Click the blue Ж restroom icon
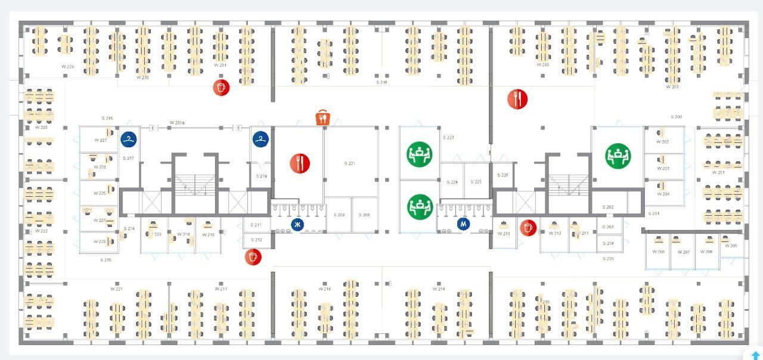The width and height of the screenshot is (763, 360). click(297, 225)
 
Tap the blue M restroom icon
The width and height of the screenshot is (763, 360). click(463, 224)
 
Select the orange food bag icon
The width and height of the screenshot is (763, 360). click(322, 117)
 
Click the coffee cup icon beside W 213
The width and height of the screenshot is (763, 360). click(528, 227)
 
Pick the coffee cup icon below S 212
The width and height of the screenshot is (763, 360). click(253, 257)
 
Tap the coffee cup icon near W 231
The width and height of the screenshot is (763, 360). click(221, 88)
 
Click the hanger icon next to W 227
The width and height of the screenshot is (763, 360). click(129, 139)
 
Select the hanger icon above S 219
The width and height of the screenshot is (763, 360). click(260, 139)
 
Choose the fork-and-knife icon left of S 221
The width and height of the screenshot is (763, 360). click(300, 163)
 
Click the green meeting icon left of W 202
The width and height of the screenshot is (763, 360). click(618, 156)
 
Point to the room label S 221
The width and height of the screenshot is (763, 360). click(350, 163)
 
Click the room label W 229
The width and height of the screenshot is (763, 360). click(67, 67)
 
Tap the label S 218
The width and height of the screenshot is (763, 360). click(381, 82)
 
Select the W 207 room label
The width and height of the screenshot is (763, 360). click(683, 252)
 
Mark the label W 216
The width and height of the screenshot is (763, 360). click(324, 289)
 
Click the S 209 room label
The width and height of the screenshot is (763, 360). click(339, 215)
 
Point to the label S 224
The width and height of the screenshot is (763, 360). click(452, 182)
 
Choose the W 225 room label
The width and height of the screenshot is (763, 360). click(100, 193)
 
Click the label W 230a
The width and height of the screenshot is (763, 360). click(177, 123)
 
